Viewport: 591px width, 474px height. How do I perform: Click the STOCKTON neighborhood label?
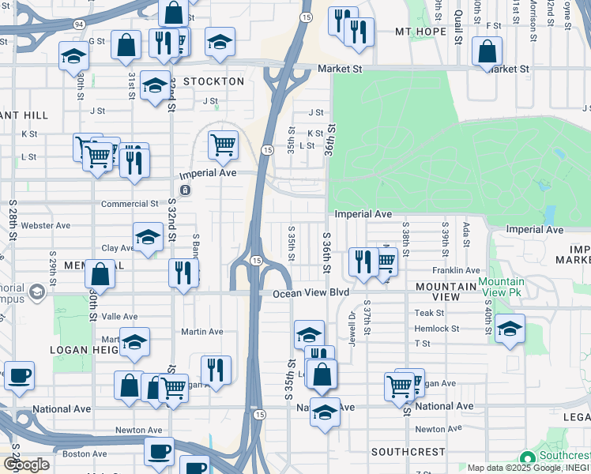point(213,81)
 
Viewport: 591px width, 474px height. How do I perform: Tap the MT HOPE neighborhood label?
point(426,32)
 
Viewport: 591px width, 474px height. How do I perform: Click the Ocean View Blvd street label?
point(311,293)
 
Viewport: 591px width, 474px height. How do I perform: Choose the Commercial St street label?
point(130,203)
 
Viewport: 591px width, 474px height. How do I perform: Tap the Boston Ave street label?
point(85,454)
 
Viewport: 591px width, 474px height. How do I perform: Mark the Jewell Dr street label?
point(352,325)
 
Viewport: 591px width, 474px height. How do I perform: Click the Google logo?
point(27,465)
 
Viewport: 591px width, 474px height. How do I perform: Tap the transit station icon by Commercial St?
point(185,190)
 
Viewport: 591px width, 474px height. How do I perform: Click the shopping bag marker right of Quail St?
point(487,53)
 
